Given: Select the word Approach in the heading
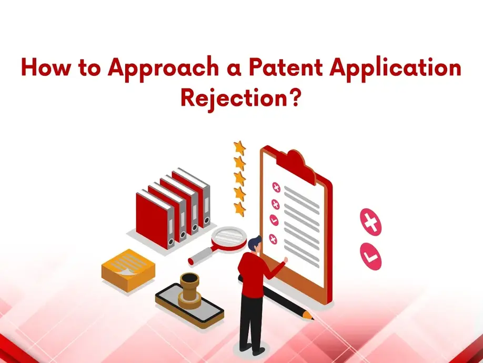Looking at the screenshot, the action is click(x=163, y=69).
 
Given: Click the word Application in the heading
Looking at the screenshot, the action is click(x=395, y=69).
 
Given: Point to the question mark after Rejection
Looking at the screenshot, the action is click(x=295, y=97).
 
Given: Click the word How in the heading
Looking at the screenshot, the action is click(x=46, y=67).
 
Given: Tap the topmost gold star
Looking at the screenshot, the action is click(x=239, y=148).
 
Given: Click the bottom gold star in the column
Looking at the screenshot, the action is click(x=239, y=209).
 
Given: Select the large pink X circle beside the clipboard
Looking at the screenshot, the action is click(x=370, y=222).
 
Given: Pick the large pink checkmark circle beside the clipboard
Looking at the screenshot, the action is click(x=370, y=256).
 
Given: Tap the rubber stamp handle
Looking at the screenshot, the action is click(x=189, y=287).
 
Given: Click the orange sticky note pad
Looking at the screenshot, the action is click(x=128, y=270).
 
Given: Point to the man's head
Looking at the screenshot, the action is click(x=255, y=244).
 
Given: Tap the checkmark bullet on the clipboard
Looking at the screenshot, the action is click(x=274, y=220).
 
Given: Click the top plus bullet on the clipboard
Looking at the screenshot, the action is click(x=276, y=187).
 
